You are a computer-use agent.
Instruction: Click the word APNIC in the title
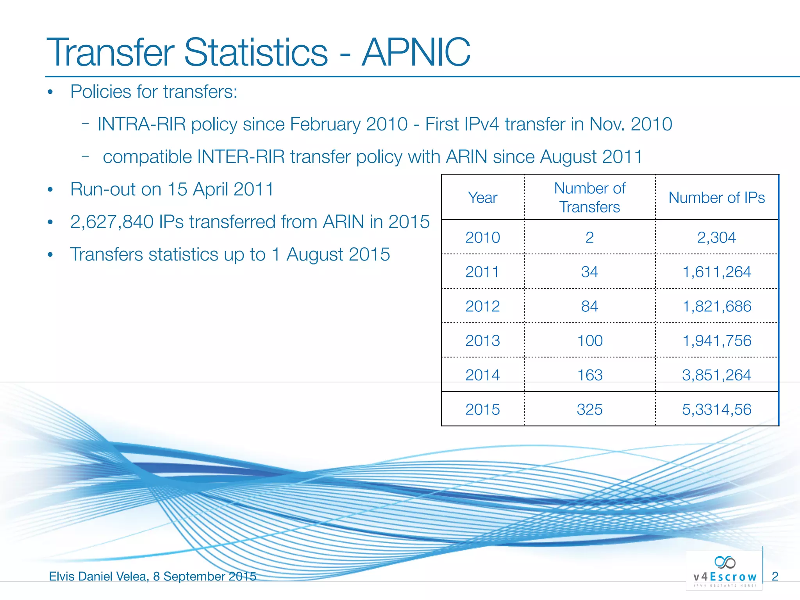(x=416, y=52)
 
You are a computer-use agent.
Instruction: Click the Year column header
(x=482, y=198)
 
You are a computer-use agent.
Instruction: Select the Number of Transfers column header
(x=589, y=198)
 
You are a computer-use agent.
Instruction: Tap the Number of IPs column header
(x=716, y=198)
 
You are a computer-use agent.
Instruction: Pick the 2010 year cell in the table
(x=482, y=237)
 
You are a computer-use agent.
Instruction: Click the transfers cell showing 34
(x=589, y=272)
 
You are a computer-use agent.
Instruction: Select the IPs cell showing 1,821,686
(x=716, y=306)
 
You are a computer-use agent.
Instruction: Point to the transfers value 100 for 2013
(x=589, y=341)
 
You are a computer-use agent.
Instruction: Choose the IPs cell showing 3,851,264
(x=716, y=375)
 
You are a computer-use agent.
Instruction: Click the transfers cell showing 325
(x=589, y=409)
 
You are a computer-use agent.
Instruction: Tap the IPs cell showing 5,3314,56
(x=716, y=409)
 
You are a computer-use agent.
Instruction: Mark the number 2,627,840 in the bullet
(x=112, y=222)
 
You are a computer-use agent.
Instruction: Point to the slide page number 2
(x=775, y=576)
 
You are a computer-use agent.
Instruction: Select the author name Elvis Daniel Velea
(x=98, y=576)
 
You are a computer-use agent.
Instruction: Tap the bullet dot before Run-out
(x=50, y=190)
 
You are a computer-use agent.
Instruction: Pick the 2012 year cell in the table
(x=482, y=306)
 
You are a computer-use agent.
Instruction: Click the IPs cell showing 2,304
(x=716, y=237)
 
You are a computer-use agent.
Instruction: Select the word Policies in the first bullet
(x=100, y=92)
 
